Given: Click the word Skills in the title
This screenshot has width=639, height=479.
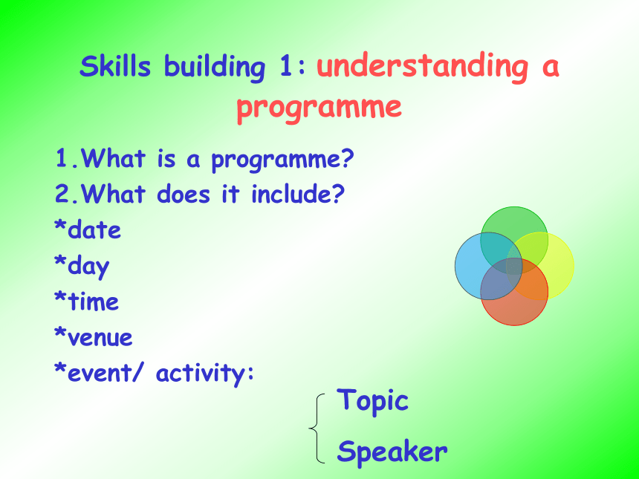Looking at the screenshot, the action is click(x=115, y=65).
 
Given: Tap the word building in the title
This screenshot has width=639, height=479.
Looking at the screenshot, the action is click(x=215, y=67).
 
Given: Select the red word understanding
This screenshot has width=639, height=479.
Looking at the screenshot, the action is click(x=423, y=67).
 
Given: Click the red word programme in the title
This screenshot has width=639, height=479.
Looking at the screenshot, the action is click(x=319, y=107).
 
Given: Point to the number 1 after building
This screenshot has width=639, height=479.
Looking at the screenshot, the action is click(x=285, y=66).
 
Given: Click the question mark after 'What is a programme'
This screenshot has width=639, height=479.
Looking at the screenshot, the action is click(x=347, y=158).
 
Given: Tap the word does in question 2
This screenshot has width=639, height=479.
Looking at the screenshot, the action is click(x=184, y=194).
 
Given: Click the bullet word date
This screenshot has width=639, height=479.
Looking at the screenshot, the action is click(x=94, y=229).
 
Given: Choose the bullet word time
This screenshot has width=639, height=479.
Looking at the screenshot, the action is click(x=94, y=302).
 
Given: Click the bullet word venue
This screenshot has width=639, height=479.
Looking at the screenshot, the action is click(x=100, y=338).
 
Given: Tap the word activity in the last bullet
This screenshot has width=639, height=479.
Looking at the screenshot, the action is click(x=201, y=374).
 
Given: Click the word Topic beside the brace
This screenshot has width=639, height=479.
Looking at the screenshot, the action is click(x=372, y=401).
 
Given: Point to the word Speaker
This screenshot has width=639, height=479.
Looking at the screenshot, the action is click(x=392, y=452).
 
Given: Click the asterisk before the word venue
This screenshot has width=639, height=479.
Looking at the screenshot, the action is click(x=60, y=331).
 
